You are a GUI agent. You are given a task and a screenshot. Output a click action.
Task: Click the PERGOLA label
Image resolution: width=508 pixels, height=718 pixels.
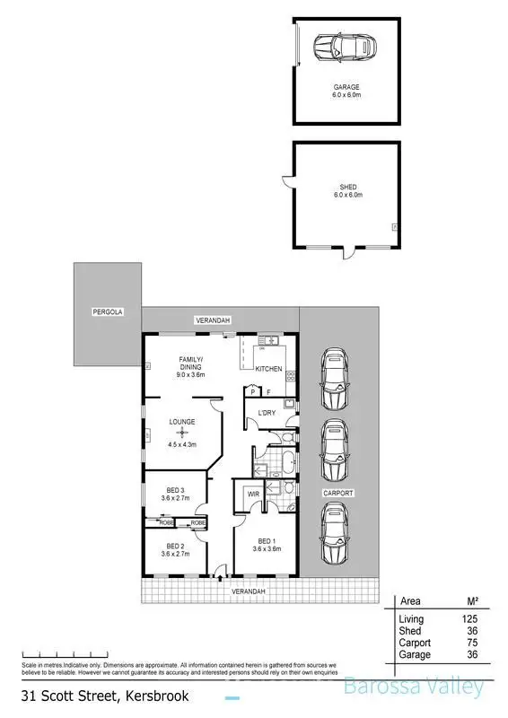point(106,311)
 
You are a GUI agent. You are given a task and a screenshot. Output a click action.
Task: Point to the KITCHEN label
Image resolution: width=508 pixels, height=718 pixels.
point(269,369)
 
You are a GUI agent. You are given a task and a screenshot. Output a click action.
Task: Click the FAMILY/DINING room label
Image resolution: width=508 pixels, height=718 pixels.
point(189,363)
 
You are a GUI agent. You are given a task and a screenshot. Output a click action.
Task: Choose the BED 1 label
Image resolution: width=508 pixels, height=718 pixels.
point(266,540)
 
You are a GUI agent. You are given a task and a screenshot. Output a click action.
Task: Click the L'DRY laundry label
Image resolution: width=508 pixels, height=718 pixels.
point(266,413)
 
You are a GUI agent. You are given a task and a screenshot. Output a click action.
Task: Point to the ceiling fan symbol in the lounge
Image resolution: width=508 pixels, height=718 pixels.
point(183,433)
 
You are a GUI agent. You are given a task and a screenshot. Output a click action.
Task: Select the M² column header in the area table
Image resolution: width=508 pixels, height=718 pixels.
point(469,601)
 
